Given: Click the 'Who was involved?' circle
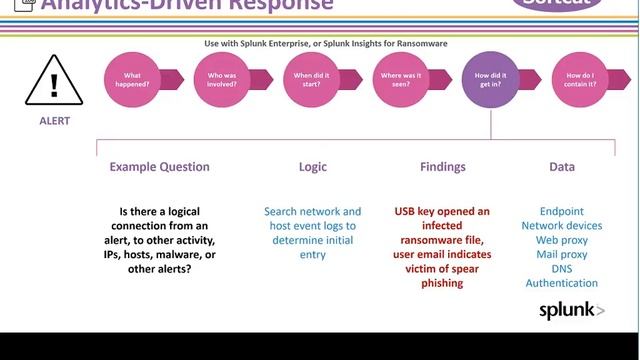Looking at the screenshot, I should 221,80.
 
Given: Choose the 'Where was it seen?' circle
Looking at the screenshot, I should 400,80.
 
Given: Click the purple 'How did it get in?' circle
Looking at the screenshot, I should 490,80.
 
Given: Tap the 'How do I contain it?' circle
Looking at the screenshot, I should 580,80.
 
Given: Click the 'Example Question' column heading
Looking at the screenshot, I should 160,167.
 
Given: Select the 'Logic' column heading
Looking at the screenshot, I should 313,167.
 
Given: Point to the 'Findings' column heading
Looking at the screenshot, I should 441,167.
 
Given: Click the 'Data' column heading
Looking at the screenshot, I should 562,167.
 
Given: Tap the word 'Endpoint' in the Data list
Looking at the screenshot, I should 562,212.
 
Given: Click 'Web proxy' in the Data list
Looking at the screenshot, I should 562,241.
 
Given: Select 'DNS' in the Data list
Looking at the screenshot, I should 562,269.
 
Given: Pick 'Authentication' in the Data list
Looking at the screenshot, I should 562,283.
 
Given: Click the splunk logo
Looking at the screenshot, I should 571,310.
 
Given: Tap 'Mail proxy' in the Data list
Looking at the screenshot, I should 562,255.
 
